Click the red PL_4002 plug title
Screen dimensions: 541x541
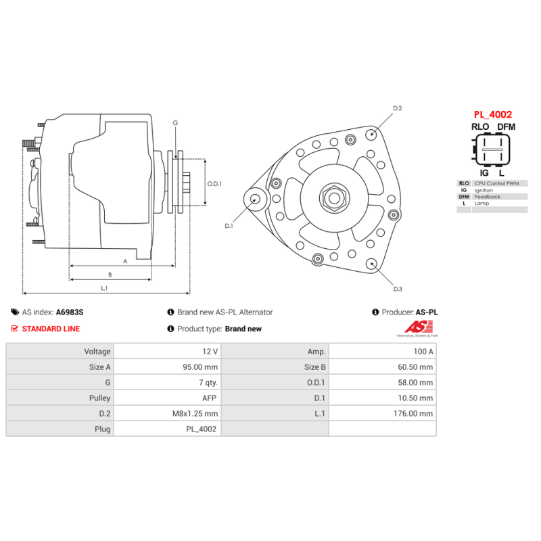(x=492, y=114)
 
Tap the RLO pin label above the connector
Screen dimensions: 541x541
(x=480, y=127)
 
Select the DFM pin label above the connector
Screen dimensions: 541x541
(x=506, y=127)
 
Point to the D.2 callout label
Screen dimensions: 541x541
(x=398, y=108)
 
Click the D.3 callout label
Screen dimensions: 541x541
(x=398, y=289)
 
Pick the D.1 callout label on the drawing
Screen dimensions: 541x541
(x=229, y=226)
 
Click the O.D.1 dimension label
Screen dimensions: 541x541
(x=214, y=183)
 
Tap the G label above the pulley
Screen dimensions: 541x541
(x=175, y=123)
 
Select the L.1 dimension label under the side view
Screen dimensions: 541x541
(x=105, y=288)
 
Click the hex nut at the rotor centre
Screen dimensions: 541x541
(x=333, y=198)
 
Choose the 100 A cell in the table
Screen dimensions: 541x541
(x=423, y=352)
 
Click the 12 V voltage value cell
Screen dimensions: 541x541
(x=210, y=352)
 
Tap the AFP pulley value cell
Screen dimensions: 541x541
(x=210, y=398)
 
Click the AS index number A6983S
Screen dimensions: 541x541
(x=70, y=312)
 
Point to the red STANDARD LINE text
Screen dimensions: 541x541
(x=51, y=329)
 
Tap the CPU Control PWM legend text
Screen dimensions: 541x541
(x=497, y=183)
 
